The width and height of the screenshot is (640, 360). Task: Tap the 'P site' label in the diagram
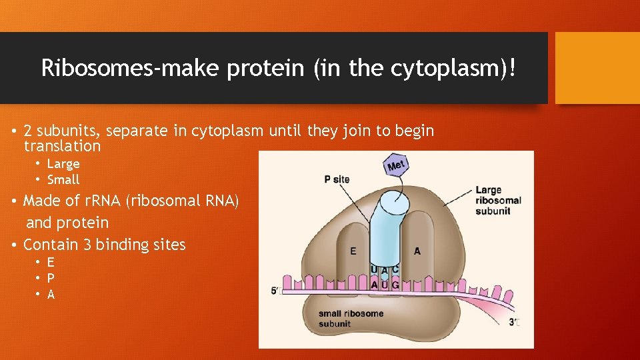[x=337, y=179]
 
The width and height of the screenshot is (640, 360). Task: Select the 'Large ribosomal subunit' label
[x=498, y=201]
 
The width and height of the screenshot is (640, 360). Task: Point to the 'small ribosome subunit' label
[x=351, y=319]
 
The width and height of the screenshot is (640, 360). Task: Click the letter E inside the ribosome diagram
[x=353, y=251]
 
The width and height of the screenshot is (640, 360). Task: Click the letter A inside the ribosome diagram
[x=417, y=251]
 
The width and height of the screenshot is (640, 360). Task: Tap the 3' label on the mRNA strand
[x=514, y=322]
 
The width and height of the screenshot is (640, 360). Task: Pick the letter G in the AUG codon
[x=397, y=285]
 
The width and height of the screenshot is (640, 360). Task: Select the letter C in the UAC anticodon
[x=397, y=270]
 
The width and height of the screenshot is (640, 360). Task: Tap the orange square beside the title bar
[x=597, y=68]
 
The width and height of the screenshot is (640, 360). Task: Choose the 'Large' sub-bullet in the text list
[x=63, y=164]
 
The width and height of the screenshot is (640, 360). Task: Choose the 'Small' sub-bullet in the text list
[x=63, y=179]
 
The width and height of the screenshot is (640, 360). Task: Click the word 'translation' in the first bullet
[x=62, y=146]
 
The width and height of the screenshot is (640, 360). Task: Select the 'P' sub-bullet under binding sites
[x=51, y=278]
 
